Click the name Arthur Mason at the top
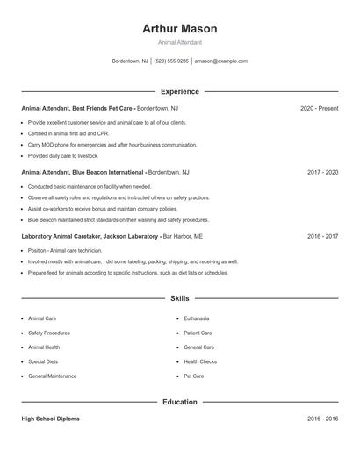click(179, 29)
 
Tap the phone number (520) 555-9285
click(172, 61)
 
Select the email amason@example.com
click(220, 61)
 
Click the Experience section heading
click(179, 91)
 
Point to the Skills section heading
click(179, 299)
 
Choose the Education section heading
click(179, 402)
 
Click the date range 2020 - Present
click(319, 108)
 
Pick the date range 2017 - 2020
click(322, 173)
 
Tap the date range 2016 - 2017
click(322, 237)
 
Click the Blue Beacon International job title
click(83, 173)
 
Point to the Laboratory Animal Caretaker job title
click(90, 237)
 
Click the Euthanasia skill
click(196, 318)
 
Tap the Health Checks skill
click(200, 361)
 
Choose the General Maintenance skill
click(52, 376)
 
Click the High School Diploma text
click(50, 419)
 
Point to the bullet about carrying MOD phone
click(112, 144)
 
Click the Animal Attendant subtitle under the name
click(179, 42)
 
